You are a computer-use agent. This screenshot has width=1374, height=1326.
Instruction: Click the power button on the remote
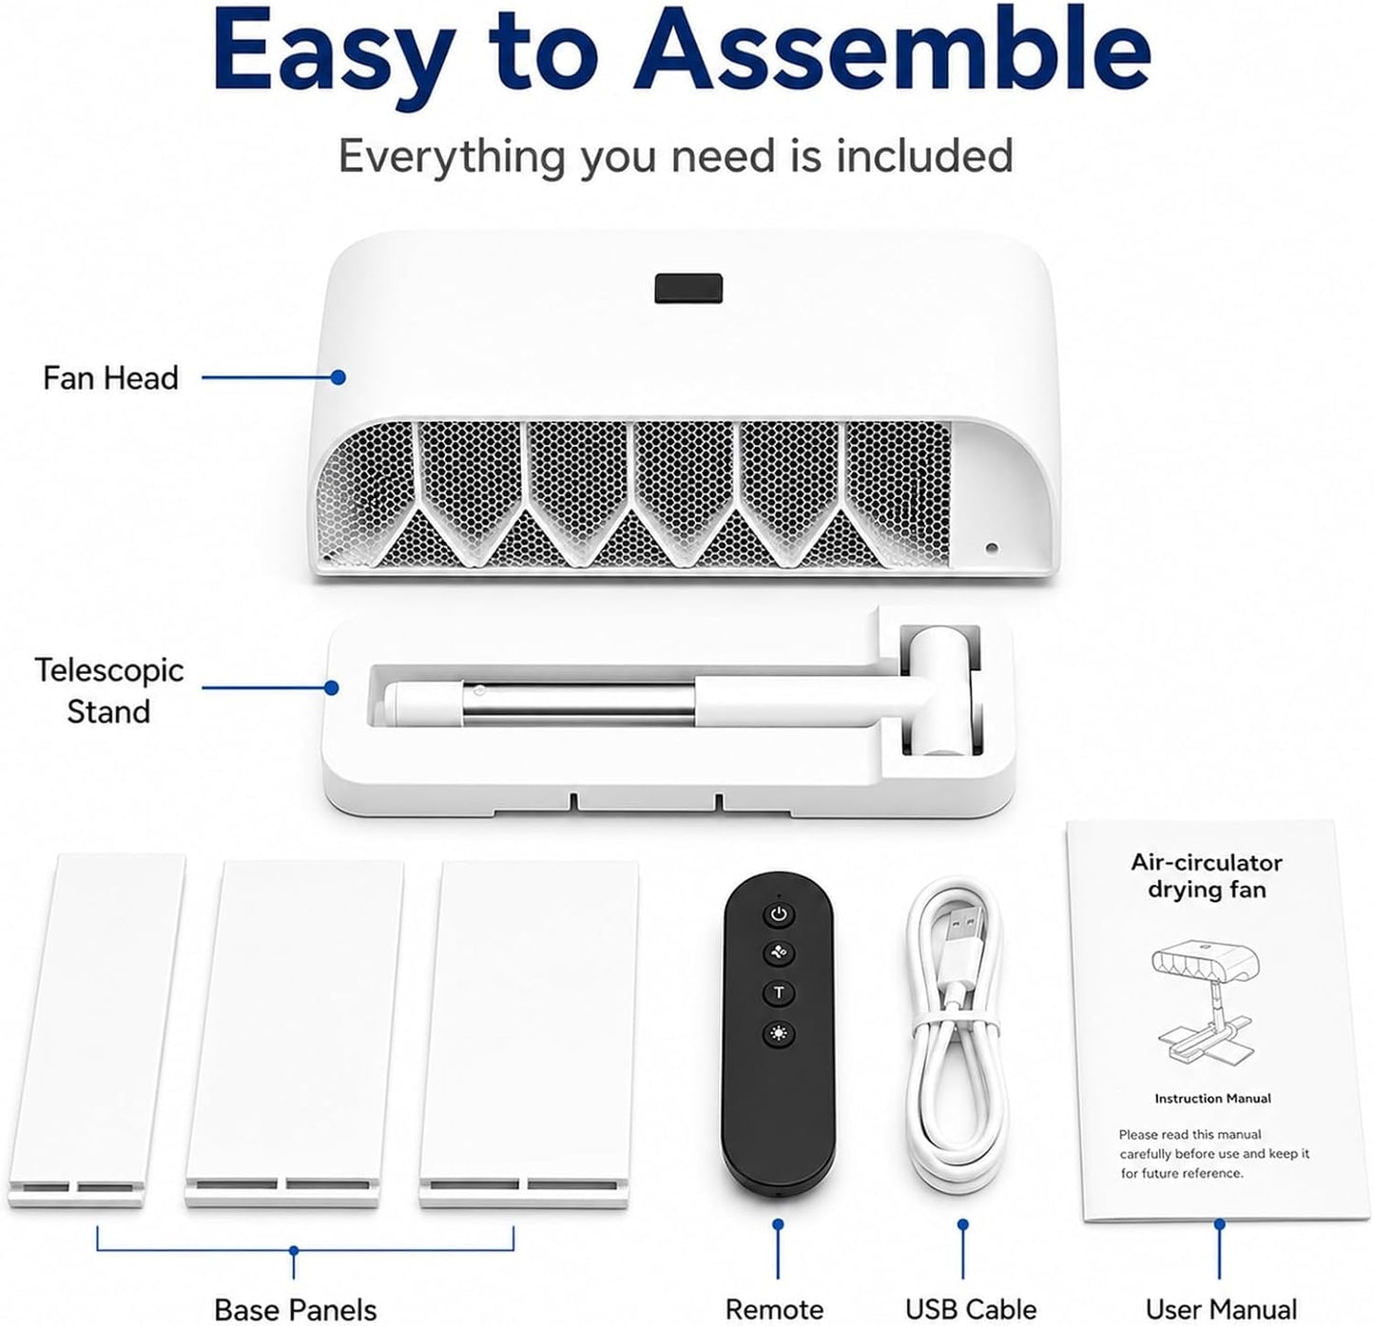pos(778,915)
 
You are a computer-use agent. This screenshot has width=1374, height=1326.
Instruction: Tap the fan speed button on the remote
pos(779,953)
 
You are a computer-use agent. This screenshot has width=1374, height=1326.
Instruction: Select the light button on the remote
pos(779,1034)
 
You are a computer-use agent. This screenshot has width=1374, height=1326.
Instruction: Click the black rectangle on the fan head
pos(688,288)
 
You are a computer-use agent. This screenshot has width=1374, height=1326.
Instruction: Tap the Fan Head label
pos(111,377)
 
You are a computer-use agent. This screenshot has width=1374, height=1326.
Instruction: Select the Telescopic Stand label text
pos(109,690)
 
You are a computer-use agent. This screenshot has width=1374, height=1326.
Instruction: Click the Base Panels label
pos(295,1290)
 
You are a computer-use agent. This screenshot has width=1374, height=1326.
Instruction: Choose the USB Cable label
pos(971,1289)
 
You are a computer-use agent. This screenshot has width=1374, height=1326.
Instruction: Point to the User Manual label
pos(1221,1289)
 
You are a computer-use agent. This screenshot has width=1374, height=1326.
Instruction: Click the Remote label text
pos(775,1290)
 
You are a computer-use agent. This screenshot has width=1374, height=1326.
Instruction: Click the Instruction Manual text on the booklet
pos(1212,1099)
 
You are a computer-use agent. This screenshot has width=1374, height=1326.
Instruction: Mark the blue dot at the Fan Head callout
pos(339,377)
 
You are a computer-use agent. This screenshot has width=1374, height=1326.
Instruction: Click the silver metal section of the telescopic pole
pos(579,704)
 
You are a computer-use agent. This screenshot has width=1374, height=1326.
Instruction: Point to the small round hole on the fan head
pos(992,548)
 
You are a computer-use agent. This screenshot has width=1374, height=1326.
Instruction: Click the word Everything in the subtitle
pos(452,158)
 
